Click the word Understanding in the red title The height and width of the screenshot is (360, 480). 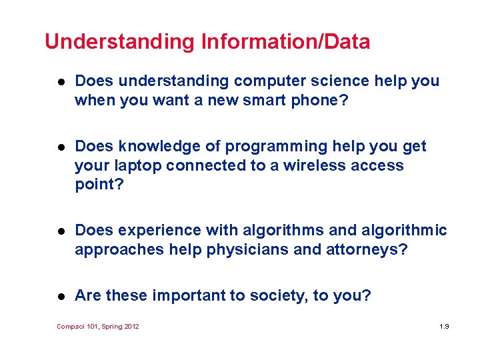point(119,43)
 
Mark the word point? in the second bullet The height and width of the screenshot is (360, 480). point(99,184)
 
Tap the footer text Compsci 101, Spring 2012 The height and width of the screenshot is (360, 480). point(98,327)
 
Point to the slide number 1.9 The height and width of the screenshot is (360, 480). point(445,327)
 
